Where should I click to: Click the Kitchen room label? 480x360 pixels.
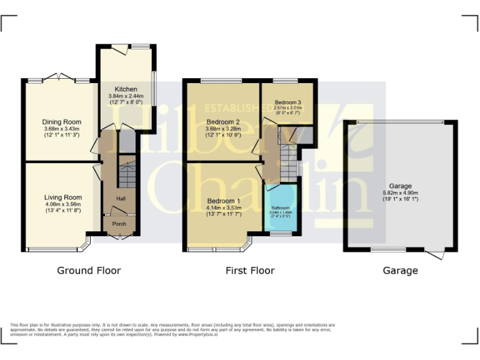[x=126, y=89]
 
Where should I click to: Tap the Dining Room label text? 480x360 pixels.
[x=61, y=122]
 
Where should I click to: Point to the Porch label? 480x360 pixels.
[x=119, y=224]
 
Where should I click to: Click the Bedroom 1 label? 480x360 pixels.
[x=223, y=201]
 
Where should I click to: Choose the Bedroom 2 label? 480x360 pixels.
[x=223, y=122]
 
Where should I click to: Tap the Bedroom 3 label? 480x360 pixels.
[x=288, y=101]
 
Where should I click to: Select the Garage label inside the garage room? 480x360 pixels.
[x=400, y=186]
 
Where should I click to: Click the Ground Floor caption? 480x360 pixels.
[x=89, y=271]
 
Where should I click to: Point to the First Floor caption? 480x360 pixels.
[x=249, y=271]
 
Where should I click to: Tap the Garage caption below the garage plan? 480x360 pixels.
[x=400, y=271]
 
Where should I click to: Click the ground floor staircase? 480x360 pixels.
[x=127, y=174]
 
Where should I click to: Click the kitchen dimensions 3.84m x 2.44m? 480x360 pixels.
[x=126, y=96]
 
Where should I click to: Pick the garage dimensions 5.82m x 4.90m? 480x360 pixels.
[x=400, y=193]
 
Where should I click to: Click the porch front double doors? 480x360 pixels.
[x=118, y=236]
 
